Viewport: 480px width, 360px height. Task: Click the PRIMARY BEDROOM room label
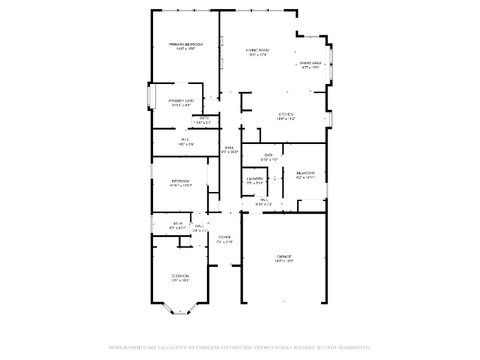click(x=185, y=44)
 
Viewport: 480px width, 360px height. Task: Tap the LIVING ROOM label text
click(x=257, y=50)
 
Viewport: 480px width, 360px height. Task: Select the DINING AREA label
click(x=311, y=63)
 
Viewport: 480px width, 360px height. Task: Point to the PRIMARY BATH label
click(x=181, y=100)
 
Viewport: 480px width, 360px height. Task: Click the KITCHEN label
click(x=286, y=114)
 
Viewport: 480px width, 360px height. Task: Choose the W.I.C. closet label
click(x=185, y=140)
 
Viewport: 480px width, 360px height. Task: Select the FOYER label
click(x=224, y=237)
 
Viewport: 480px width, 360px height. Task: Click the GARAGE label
click(x=284, y=256)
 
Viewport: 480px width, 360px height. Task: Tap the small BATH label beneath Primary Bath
click(x=204, y=118)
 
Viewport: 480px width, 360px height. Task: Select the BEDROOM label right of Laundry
click(x=305, y=173)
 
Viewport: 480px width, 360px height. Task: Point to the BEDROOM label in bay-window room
click(x=181, y=275)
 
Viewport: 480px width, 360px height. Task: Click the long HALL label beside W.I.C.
click(x=229, y=148)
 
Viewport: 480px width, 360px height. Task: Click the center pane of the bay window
click(x=181, y=312)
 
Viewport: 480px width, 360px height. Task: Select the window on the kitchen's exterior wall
click(x=329, y=119)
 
